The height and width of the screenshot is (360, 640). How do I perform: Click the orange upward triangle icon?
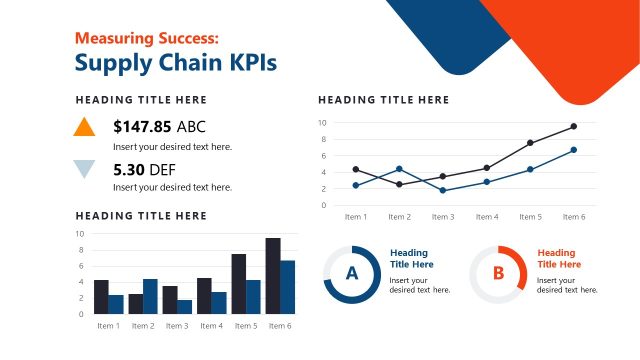(85, 127)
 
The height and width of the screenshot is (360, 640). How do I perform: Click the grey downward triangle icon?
(85, 168)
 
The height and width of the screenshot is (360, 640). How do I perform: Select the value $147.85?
(142, 127)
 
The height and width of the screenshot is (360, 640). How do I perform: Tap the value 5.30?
(129, 169)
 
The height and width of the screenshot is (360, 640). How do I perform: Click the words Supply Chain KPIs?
(176, 63)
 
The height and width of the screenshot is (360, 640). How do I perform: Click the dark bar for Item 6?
(272, 276)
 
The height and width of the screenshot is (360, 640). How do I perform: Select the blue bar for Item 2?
(150, 296)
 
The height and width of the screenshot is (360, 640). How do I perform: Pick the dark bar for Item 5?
(238, 284)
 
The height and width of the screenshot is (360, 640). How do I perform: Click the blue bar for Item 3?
(184, 307)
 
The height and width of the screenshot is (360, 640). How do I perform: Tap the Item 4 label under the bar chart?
(211, 326)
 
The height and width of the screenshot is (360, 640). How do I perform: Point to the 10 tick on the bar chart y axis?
(81, 234)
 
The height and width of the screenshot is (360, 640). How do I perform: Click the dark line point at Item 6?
(573, 127)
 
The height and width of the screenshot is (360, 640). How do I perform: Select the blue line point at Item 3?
(443, 190)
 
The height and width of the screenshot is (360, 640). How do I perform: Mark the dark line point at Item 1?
(356, 169)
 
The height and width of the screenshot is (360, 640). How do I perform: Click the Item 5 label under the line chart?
(530, 217)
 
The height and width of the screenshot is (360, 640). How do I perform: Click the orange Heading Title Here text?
(558, 259)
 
